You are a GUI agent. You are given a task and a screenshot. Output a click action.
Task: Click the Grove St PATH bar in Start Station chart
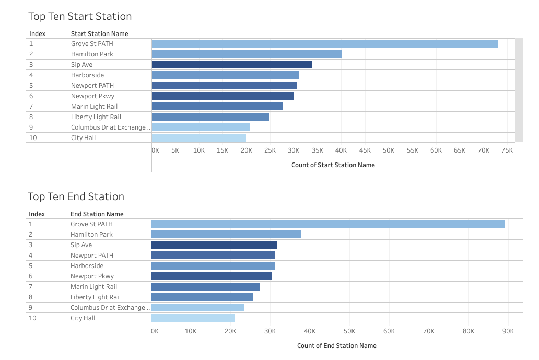coord(324,44)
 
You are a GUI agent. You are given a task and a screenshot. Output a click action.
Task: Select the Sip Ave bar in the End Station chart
coord(214,245)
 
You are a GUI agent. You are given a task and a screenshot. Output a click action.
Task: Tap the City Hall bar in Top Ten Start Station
coord(198,138)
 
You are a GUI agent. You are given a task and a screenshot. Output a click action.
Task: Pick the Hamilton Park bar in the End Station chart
coord(226,235)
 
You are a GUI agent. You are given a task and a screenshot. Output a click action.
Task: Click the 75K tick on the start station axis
coord(507,150)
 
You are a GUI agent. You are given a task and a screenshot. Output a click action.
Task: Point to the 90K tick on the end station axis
coord(508,331)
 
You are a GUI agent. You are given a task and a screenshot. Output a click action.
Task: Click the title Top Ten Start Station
coord(80,16)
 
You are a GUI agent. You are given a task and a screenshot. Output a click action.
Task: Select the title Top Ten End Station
coord(76,196)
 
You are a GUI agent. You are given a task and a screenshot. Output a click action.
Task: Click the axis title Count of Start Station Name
coord(333,165)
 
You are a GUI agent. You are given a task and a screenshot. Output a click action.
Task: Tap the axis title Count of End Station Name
coord(336,345)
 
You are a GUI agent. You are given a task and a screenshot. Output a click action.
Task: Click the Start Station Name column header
coord(99,34)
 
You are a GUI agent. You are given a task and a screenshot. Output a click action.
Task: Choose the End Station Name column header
coord(97,214)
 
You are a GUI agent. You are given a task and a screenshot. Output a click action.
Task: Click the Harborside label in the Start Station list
coord(87,75)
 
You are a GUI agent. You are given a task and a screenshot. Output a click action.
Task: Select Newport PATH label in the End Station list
coord(91,256)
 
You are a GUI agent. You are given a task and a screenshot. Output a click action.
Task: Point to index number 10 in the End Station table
coord(32,318)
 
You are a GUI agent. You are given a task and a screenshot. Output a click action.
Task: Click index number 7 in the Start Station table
coord(31,107)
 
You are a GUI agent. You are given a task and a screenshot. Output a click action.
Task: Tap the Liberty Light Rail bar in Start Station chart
coord(210,117)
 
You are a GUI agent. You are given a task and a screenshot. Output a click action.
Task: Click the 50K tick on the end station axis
coord(349,331)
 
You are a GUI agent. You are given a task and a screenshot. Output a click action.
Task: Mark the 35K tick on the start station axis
coord(317,150)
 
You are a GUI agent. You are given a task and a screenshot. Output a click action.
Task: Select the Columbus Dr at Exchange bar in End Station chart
coord(197,308)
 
